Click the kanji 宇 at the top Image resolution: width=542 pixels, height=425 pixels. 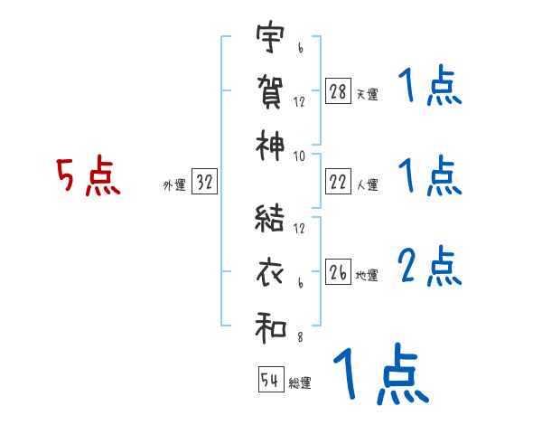pyautogui.click(x=271, y=38)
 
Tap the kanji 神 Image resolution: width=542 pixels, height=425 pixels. pyautogui.click(x=271, y=145)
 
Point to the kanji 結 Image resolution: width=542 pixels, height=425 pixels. pyautogui.click(x=271, y=221)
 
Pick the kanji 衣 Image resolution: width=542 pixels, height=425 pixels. pyautogui.click(x=271, y=272)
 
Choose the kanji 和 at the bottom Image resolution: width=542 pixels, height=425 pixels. pyautogui.click(x=271, y=328)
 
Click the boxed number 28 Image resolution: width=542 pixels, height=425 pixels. pyautogui.click(x=338, y=91)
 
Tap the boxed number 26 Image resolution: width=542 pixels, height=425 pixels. pyautogui.click(x=338, y=272)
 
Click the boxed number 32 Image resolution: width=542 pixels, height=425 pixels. pyautogui.click(x=205, y=183)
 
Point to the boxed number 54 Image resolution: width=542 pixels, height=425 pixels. pyautogui.click(x=270, y=380)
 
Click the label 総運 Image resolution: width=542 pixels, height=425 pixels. pyautogui.click(x=299, y=383)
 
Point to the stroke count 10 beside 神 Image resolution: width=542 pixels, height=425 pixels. pyautogui.click(x=299, y=156)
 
